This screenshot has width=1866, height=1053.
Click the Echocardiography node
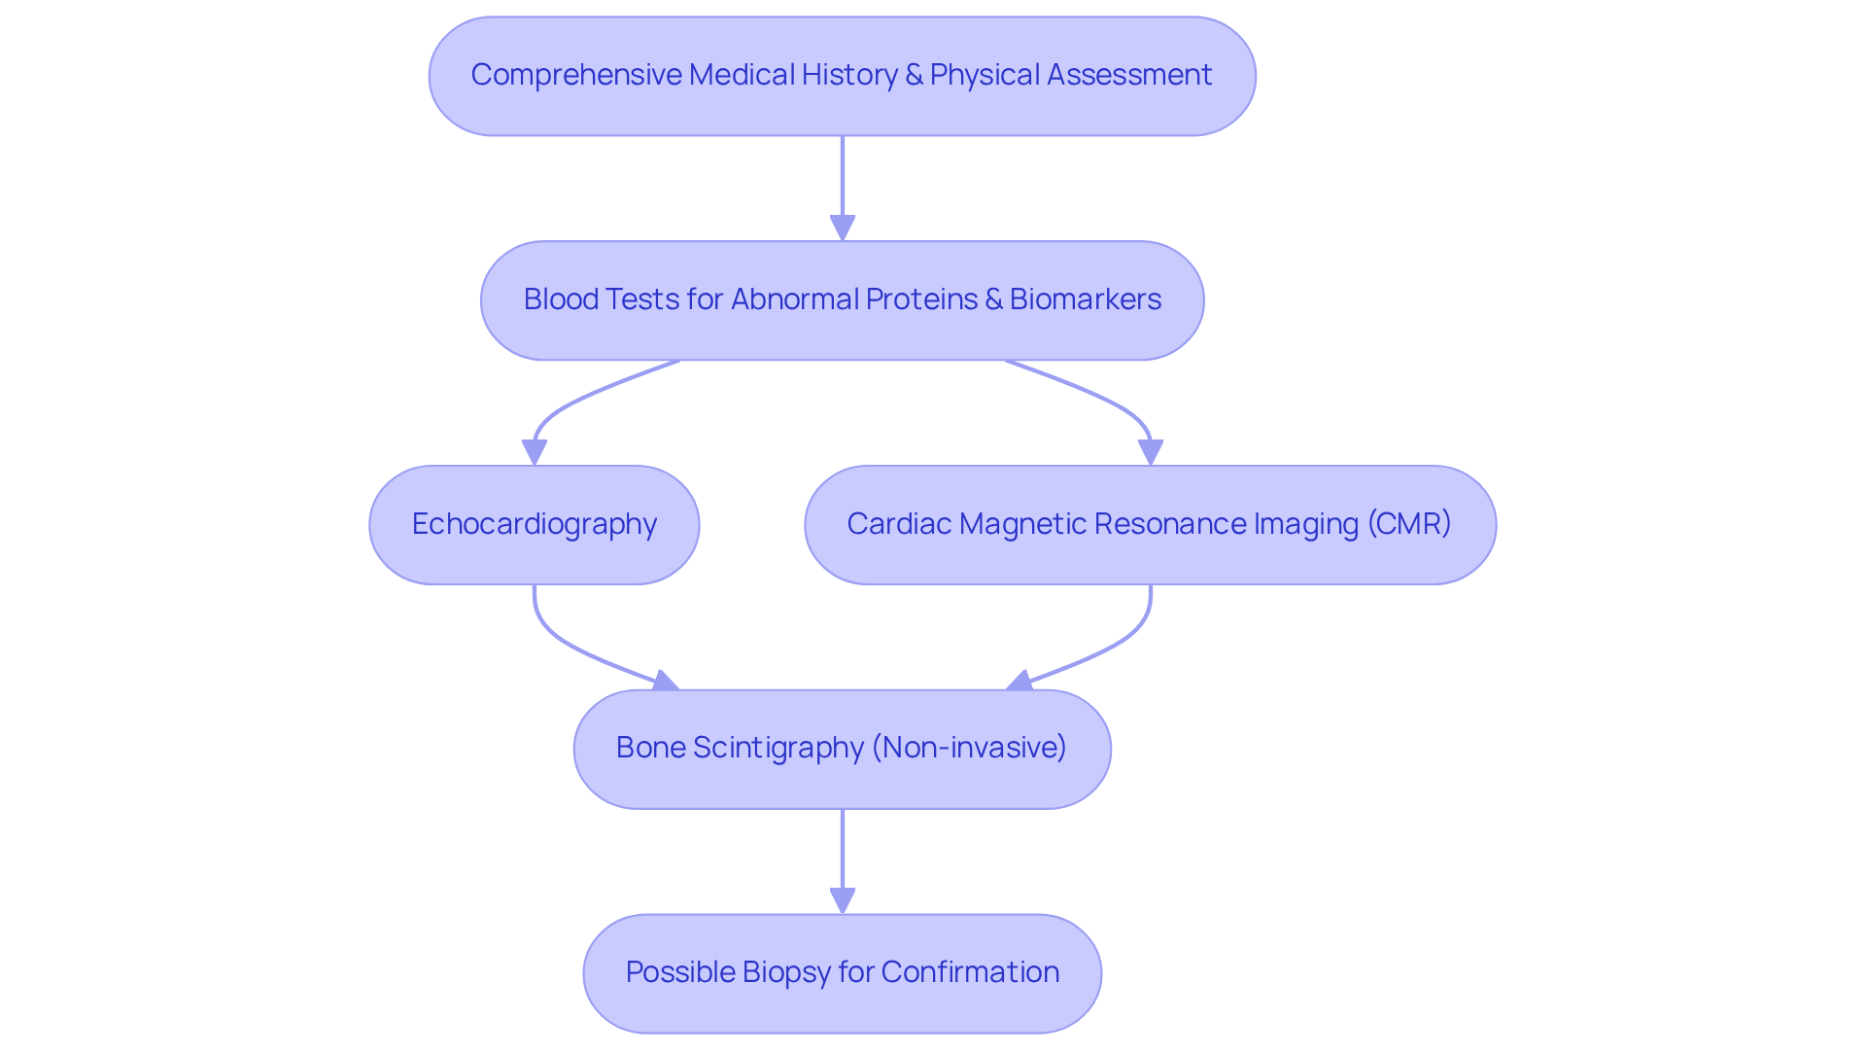click(x=534, y=525)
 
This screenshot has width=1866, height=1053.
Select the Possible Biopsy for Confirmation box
click(x=842, y=973)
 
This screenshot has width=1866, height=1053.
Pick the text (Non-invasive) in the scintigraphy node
click(x=969, y=748)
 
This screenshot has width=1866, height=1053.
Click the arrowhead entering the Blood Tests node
click(x=843, y=228)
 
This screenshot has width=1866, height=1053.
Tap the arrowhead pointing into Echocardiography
click(x=534, y=452)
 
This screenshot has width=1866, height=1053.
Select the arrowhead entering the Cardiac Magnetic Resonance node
click(x=1151, y=452)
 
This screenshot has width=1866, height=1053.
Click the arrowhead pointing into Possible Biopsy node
click(x=843, y=901)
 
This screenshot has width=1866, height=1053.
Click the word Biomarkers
click(x=1085, y=299)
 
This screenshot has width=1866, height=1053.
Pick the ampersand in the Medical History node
click(x=914, y=75)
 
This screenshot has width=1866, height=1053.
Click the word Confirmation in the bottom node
click(x=970, y=972)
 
